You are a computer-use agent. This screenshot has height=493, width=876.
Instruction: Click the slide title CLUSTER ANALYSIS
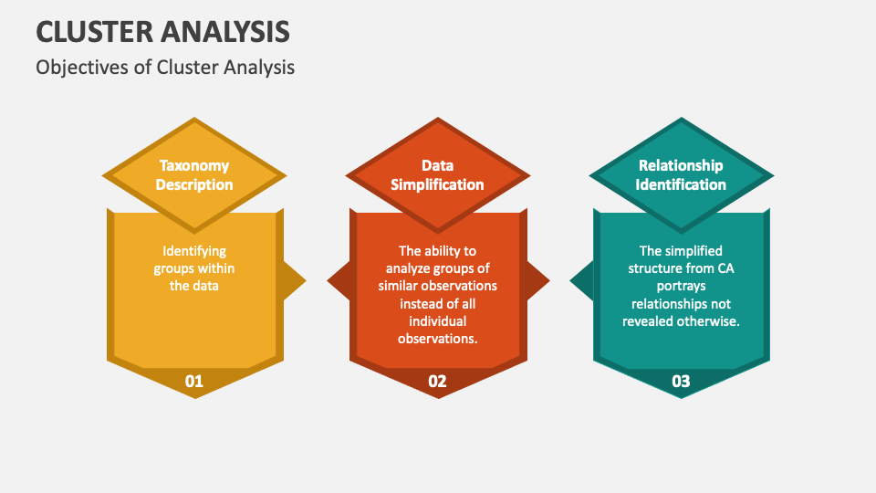(162, 32)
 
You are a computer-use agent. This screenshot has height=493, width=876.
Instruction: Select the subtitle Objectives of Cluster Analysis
(165, 68)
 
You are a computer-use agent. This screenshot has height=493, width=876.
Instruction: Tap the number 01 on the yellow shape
(193, 382)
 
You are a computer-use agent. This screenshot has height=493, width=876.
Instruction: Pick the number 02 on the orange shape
(437, 382)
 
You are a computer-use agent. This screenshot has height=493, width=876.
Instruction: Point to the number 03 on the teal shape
(681, 382)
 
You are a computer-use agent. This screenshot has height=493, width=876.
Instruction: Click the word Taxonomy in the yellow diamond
(193, 166)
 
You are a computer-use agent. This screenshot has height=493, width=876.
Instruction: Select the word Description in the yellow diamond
(193, 184)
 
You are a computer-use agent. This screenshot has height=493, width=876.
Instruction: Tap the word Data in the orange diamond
(437, 165)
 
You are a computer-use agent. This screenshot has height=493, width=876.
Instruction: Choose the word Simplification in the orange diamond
(437, 184)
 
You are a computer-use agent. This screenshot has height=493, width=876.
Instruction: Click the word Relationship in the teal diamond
(681, 165)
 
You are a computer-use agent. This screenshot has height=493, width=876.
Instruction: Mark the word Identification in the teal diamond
(681, 184)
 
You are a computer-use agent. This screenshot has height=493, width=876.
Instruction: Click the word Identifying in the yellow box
(194, 251)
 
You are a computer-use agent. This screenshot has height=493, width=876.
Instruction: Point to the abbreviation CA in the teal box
(725, 268)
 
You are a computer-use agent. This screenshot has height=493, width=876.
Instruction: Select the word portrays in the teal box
(681, 286)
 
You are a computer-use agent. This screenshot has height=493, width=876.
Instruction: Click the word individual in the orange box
(437, 320)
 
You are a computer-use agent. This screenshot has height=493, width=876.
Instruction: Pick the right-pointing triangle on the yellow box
(295, 280)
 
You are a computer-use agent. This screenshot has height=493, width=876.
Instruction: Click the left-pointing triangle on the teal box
(581, 280)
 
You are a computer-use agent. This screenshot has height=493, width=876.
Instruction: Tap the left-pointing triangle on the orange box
(338, 280)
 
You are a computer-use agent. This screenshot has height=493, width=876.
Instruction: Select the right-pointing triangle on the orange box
(538, 280)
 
